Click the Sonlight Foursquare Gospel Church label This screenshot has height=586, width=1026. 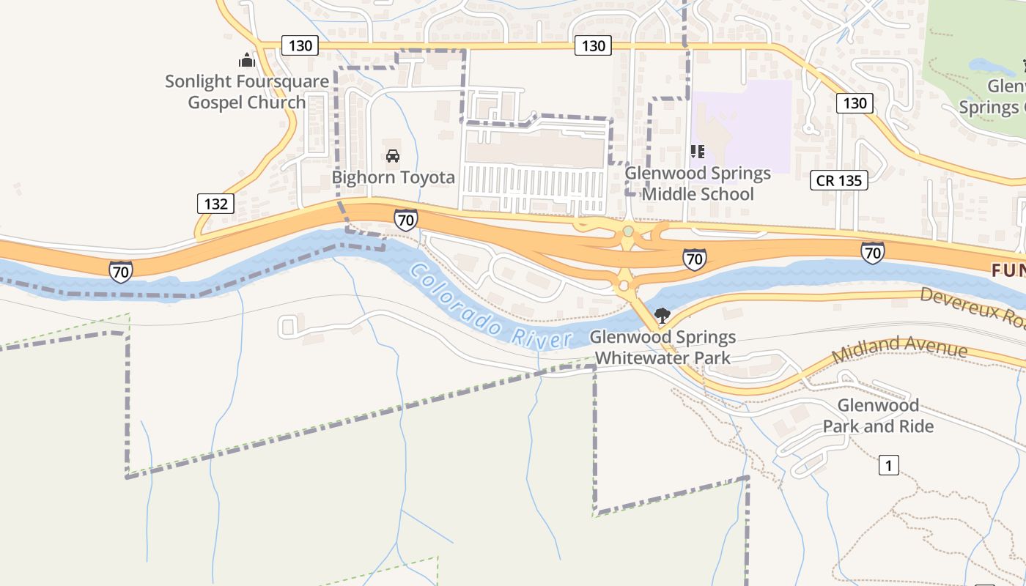247,92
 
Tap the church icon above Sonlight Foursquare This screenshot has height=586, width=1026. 247,60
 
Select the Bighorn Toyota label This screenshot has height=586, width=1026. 394,177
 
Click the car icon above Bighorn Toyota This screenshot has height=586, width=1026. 393,155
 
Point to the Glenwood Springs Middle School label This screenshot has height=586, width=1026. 698,184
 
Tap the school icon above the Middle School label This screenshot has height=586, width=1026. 698,152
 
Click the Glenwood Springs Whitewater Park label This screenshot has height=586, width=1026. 663,348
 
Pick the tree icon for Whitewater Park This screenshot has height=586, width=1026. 663,316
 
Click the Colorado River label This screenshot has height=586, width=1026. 490,307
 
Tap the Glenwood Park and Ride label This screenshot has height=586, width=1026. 878,416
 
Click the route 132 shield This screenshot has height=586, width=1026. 215,204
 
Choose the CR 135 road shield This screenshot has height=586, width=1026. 839,180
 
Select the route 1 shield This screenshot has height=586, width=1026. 888,465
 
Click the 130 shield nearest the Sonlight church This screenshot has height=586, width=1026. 300,46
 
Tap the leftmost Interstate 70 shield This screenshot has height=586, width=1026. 121,272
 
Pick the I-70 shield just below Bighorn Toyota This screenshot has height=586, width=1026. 405,219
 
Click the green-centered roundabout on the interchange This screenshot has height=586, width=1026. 628,231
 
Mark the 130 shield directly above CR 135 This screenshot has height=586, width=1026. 855,103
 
